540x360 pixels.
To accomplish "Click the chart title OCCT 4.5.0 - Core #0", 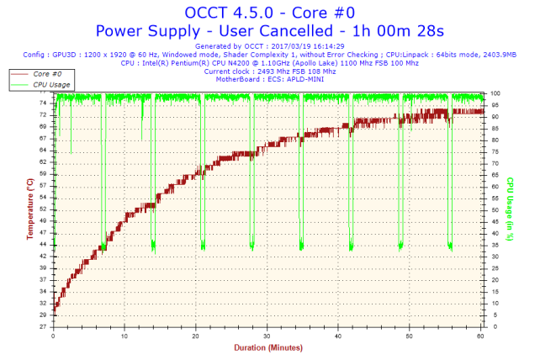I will [x=269, y=13].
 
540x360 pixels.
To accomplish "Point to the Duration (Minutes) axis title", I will [x=267, y=347].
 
